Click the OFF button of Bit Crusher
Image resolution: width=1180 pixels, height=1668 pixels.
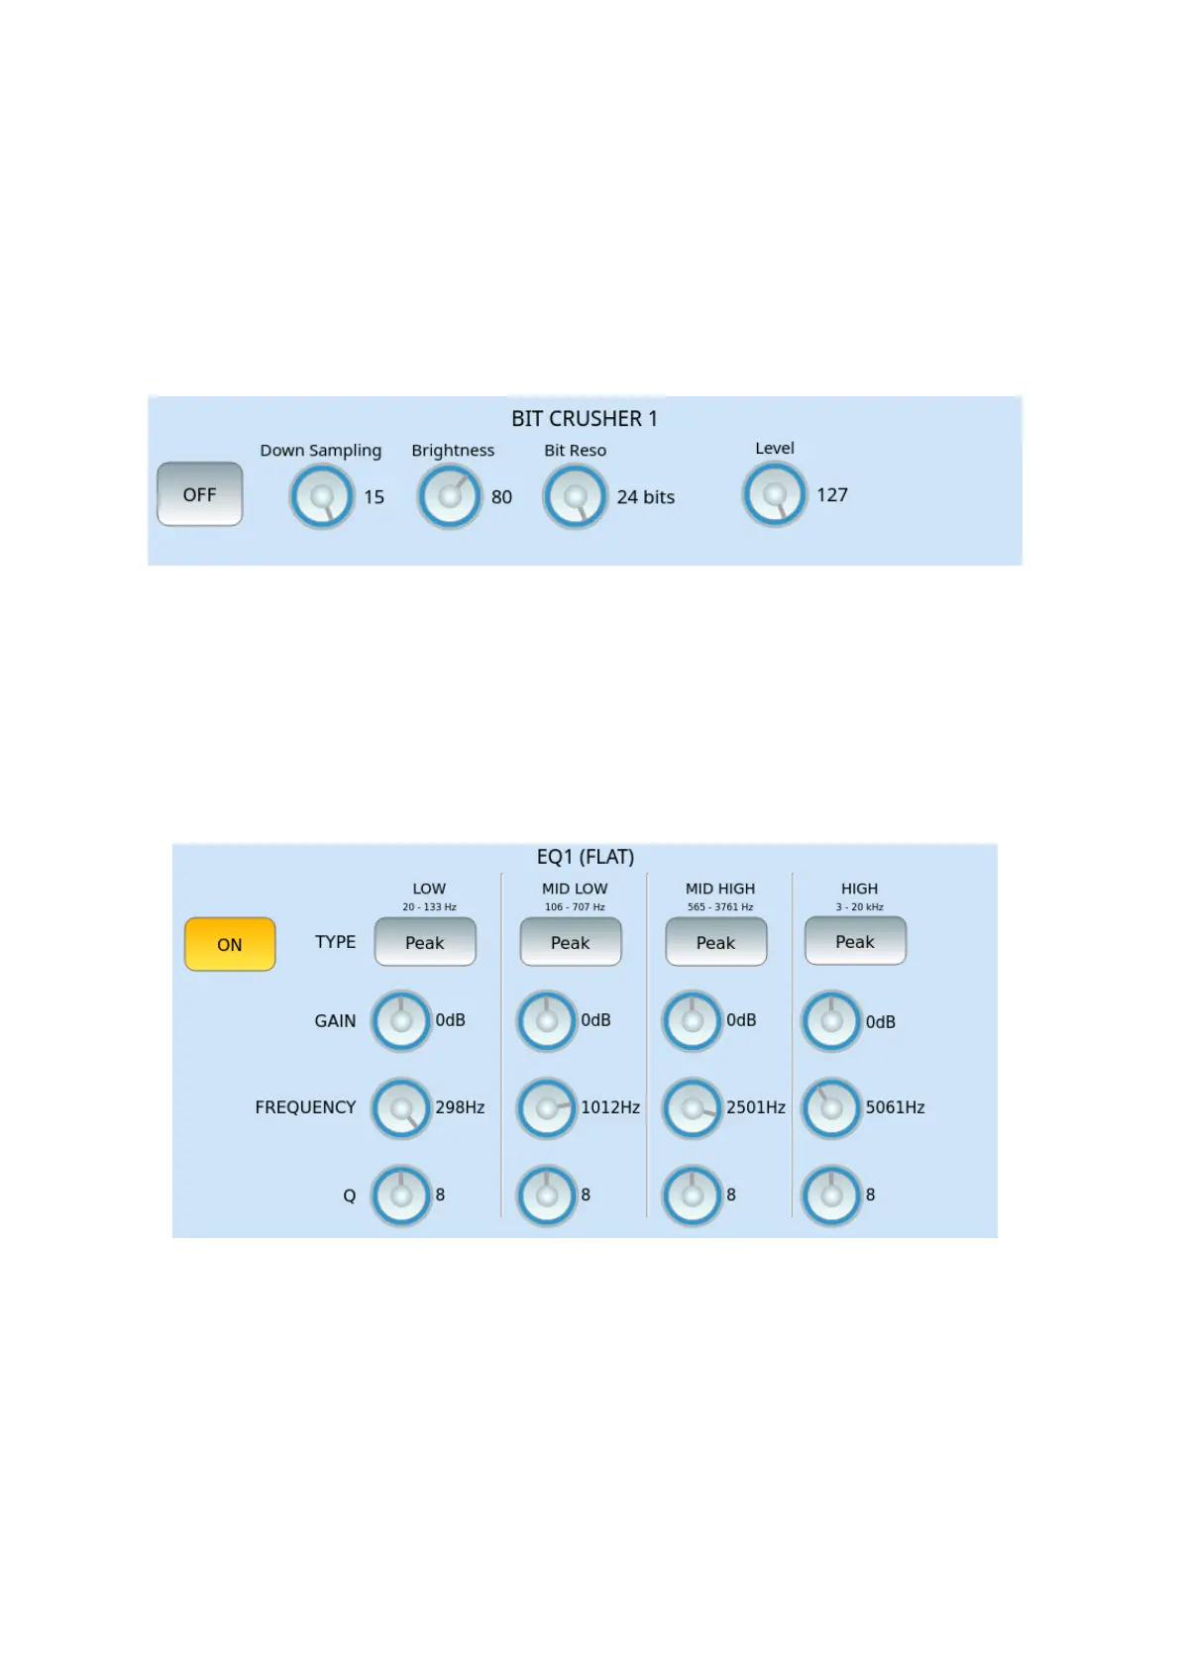pos(199,494)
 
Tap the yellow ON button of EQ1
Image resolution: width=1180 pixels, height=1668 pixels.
pos(230,944)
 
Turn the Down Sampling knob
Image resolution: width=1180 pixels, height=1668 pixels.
pos(322,496)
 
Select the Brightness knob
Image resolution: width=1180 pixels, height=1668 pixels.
pos(450,496)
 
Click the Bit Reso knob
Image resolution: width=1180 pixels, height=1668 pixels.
pos(575,496)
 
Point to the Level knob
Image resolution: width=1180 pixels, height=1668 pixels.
pos(775,494)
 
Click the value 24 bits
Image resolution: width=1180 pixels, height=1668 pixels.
pos(645,497)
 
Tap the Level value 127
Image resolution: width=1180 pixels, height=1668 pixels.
pos(831,495)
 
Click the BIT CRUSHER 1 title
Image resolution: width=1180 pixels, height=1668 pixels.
pos(584,419)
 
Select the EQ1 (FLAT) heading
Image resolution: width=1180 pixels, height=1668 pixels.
pos(585,857)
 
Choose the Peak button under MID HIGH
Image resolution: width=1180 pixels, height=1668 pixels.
pos(715,942)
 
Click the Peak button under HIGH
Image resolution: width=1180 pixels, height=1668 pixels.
pos(855,941)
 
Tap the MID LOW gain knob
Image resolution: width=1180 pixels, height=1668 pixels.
pos(547,1020)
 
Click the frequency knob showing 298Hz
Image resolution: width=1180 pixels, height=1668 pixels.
pos(401,1108)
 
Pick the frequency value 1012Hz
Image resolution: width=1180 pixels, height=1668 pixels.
pos(609,1107)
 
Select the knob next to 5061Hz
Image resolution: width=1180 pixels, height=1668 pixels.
pos(831,1108)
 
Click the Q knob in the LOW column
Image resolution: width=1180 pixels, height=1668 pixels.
pos(401,1196)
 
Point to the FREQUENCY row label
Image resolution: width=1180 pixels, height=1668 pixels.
pos(305,1107)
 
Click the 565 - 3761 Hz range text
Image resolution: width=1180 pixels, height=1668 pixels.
pos(720,907)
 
